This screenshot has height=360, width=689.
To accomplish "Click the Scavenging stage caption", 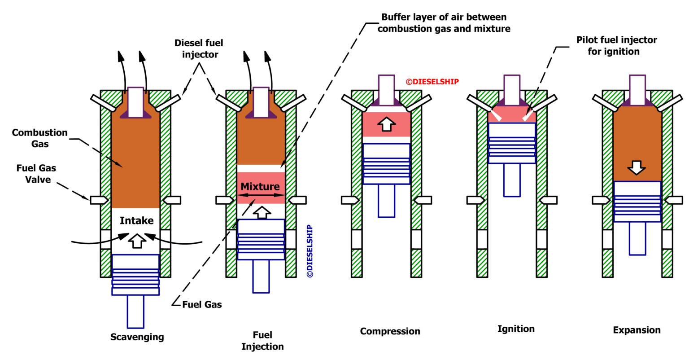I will tap(137, 337).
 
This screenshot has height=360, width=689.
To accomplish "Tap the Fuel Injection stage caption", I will tap(262, 341).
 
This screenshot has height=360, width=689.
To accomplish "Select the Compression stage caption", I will tap(390, 331).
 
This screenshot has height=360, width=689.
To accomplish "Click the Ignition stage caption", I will tap(516, 329).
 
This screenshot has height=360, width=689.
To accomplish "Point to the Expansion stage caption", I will tap(637, 330).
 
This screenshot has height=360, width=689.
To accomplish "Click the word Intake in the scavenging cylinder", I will tap(136, 220).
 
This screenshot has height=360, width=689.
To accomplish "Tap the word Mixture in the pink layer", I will tap(260, 186).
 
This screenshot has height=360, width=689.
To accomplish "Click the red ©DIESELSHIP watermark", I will tap(432, 82).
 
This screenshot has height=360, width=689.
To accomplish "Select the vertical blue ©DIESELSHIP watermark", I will tap(310, 250).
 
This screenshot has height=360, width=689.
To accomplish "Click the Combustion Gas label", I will tap(39, 138).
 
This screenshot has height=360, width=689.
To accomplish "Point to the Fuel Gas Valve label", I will tap(36, 174).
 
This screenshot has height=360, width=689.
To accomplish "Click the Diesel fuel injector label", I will tap(199, 48).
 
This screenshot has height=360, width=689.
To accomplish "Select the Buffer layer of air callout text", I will tap(444, 23).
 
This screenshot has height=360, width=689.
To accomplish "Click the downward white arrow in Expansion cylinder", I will tap(637, 167).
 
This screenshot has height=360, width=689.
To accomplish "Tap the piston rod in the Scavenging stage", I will tap(135, 311).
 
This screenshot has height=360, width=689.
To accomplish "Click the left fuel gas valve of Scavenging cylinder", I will tap(99, 200).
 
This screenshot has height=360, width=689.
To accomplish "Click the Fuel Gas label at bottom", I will tap(202, 304).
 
